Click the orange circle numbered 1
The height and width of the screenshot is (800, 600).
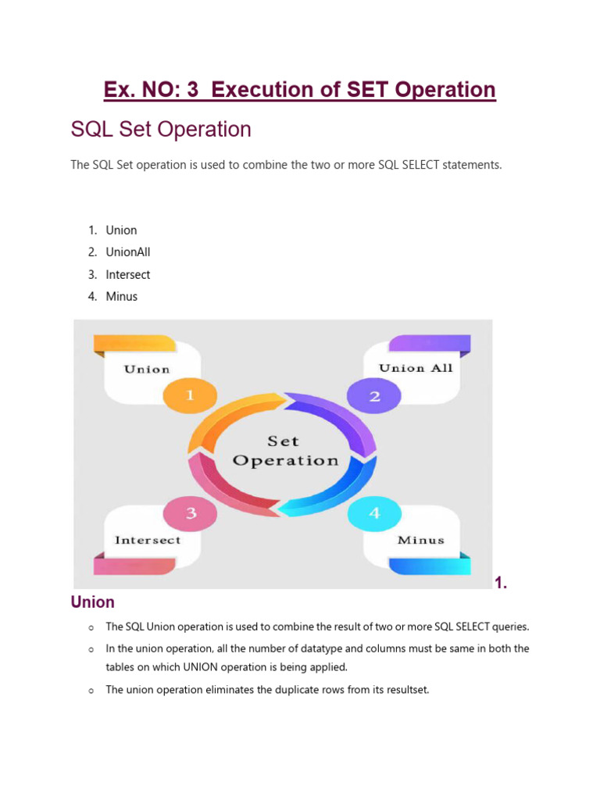tap(189, 395)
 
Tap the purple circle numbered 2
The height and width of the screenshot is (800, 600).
tap(374, 396)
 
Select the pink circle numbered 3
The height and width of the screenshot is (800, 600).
tap(190, 513)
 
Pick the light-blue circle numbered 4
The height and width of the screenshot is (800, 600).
tap(374, 513)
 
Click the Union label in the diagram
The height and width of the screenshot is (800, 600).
tap(147, 369)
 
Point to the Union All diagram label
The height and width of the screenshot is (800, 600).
tap(416, 368)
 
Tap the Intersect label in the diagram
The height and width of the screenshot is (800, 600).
tap(148, 540)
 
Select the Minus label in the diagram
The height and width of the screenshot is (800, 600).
tap(420, 540)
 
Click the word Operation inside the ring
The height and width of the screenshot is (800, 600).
tap(285, 460)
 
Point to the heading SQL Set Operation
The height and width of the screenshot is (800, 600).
tap(161, 129)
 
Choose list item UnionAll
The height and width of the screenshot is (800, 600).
tap(128, 252)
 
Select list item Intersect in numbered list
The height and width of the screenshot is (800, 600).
tap(128, 274)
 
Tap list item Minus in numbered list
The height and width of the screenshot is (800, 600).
tap(122, 296)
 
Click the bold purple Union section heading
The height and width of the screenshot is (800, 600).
tap(92, 602)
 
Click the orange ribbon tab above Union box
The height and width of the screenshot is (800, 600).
tap(134, 343)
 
